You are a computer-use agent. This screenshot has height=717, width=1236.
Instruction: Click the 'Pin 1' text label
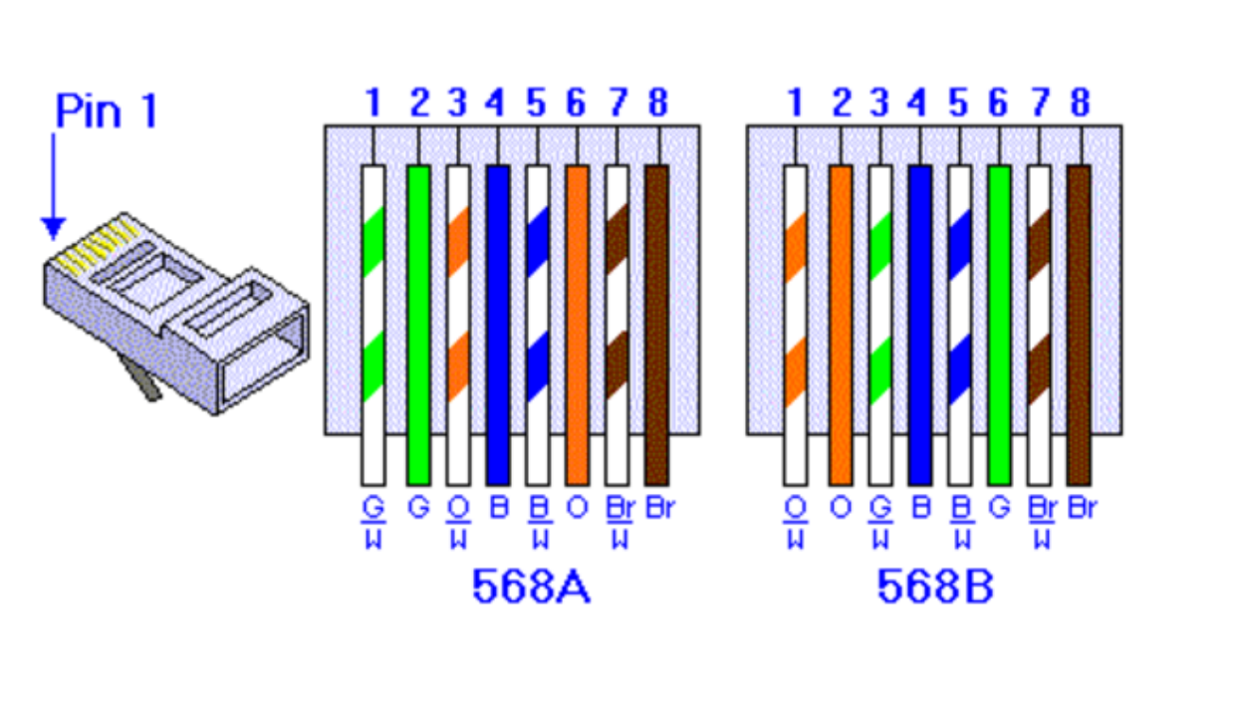107,111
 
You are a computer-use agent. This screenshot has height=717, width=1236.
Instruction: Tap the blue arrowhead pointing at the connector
54,228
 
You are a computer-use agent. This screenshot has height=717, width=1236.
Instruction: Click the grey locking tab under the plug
140,377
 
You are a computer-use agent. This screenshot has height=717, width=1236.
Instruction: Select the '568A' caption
532,587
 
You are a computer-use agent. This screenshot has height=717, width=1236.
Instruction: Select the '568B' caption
935,587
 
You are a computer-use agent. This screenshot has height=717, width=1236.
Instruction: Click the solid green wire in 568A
418,326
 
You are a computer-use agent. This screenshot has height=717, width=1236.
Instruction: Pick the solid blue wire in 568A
498,326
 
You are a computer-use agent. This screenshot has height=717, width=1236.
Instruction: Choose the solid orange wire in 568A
578,326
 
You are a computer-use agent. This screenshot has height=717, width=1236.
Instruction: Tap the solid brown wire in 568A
657,326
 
